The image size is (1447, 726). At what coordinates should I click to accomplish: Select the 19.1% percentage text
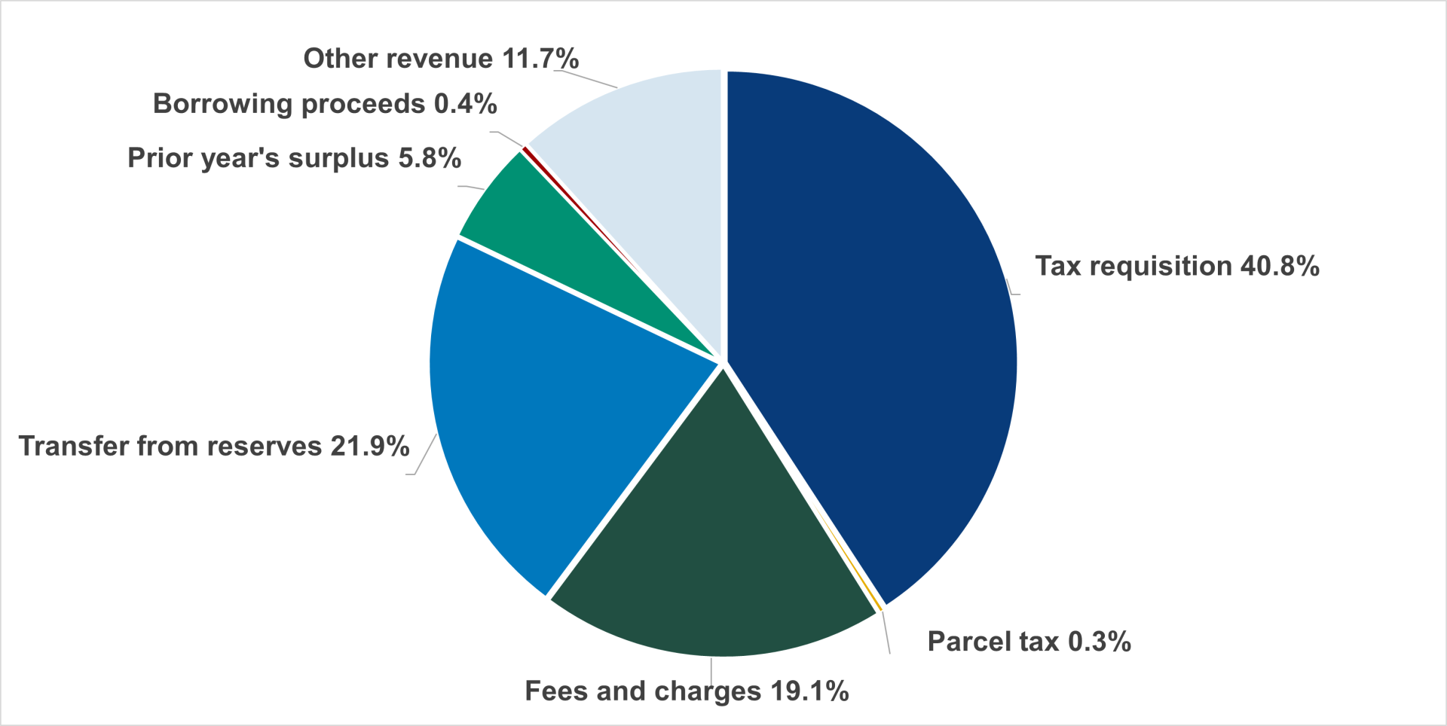point(809,691)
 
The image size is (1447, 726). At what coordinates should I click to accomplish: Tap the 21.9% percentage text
point(370,447)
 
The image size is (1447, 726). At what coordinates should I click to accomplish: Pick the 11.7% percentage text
point(540,59)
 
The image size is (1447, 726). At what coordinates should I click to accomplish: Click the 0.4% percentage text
point(466,104)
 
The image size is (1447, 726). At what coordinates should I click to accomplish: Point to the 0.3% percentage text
point(1100,642)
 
